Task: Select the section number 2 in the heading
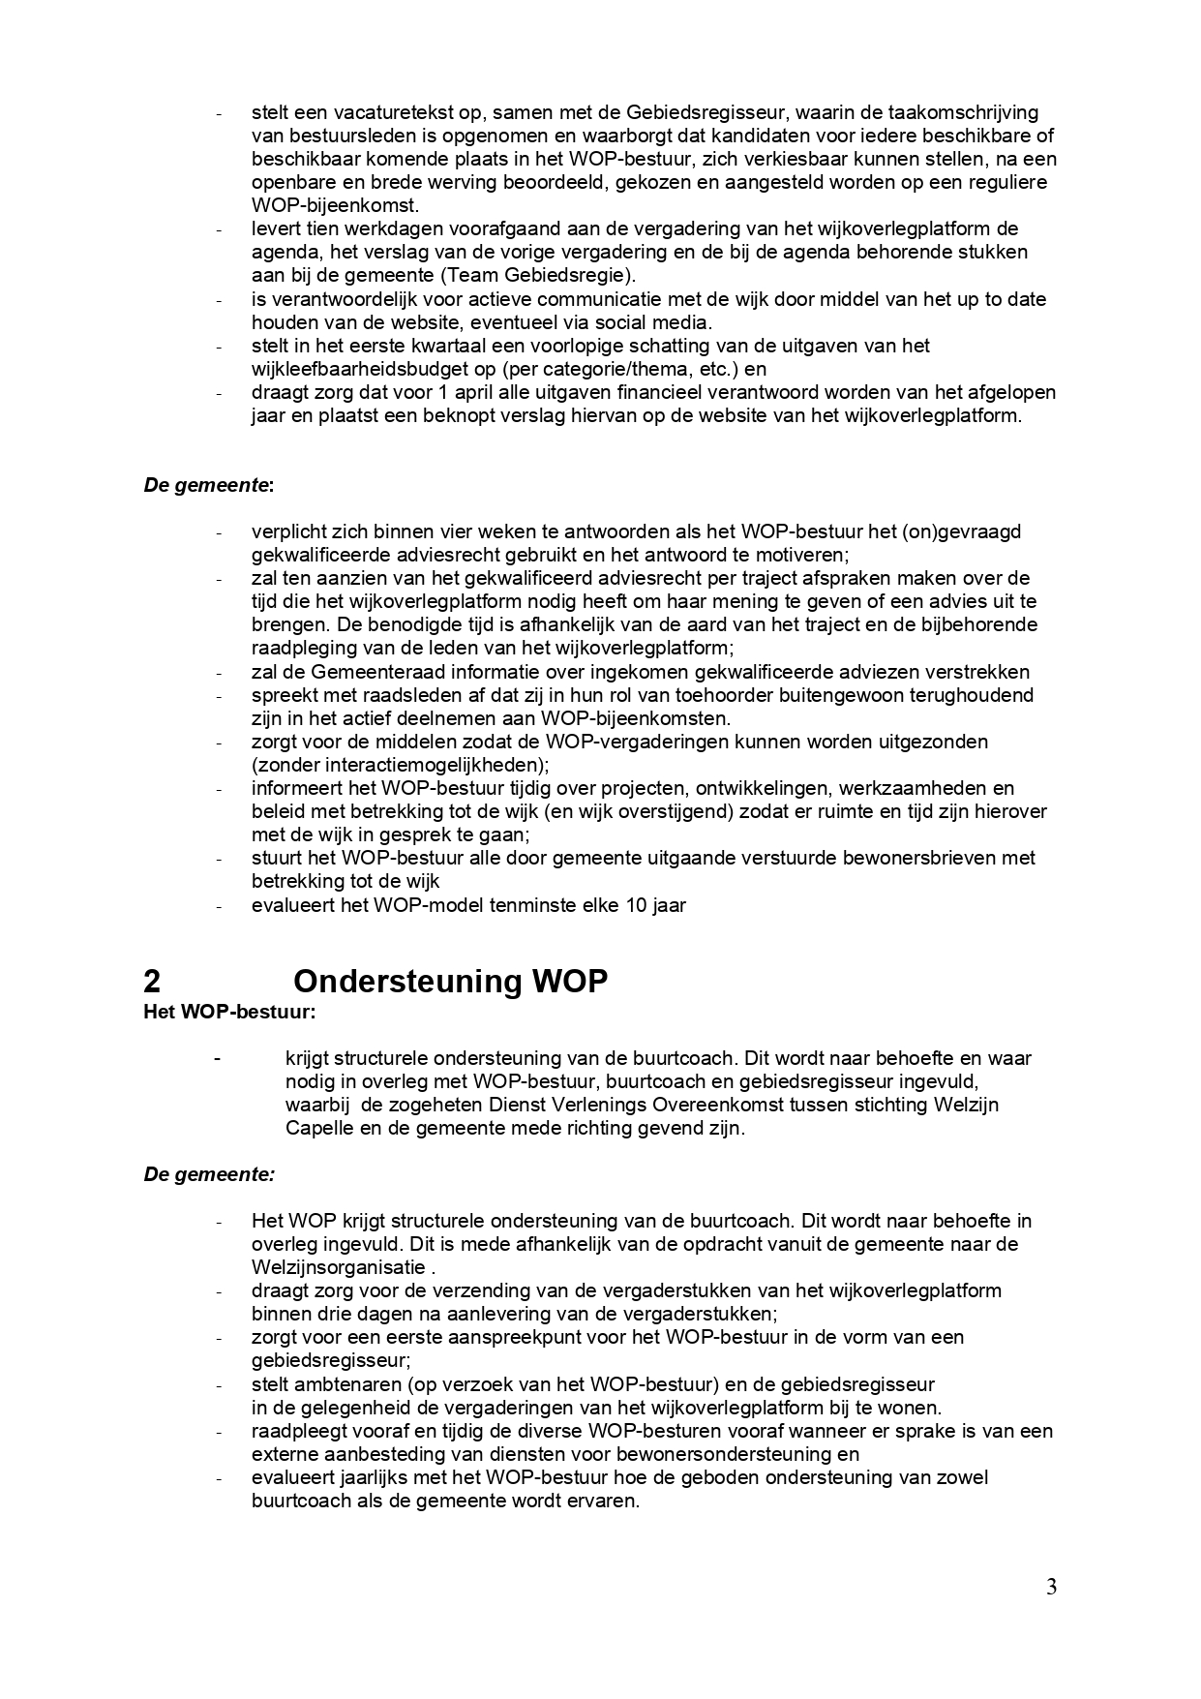(152, 981)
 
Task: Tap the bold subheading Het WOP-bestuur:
(229, 1013)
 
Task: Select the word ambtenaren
(339, 1384)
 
